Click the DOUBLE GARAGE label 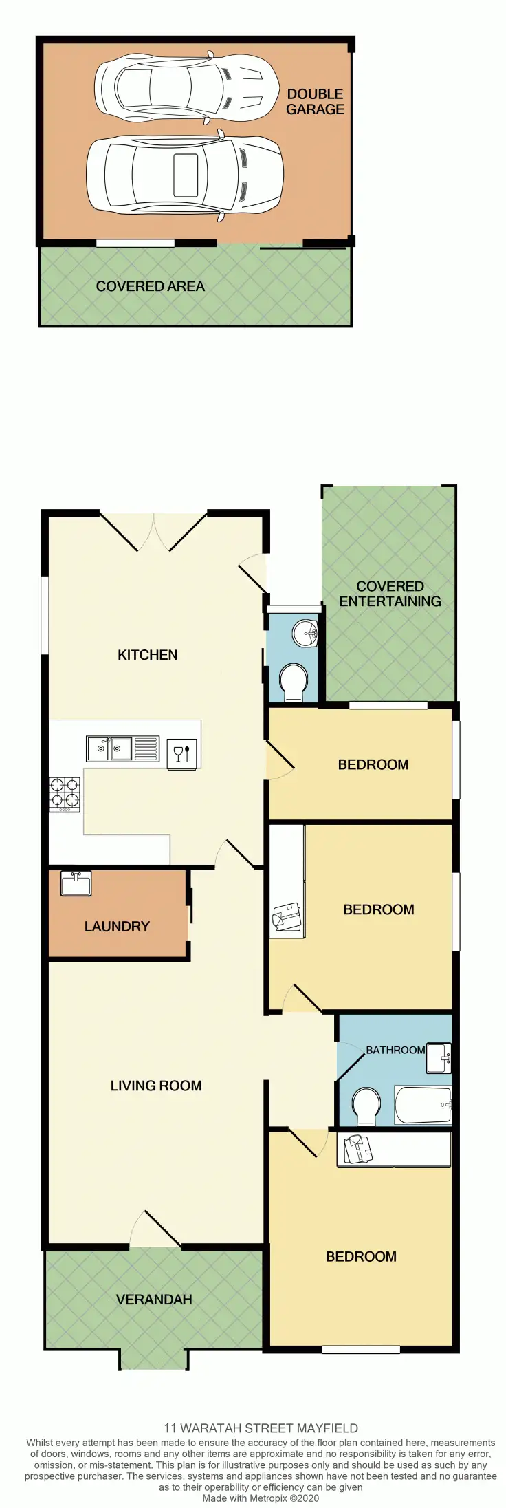(315, 102)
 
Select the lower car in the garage (184, 175)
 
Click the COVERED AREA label (150, 286)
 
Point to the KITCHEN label (147, 655)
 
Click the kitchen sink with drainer (122, 748)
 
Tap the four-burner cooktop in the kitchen (65, 794)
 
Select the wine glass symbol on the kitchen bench (182, 753)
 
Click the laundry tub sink (76, 883)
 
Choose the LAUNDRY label (117, 927)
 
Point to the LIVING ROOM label (156, 1086)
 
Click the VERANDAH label (153, 1300)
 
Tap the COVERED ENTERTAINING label (390, 594)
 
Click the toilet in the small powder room (294, 682)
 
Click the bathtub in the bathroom (423, 1105)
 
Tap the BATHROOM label (395, 1050)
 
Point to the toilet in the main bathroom (365, 1106)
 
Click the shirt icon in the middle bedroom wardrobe (287, 917)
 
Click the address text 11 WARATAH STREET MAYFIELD (261, 1428)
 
